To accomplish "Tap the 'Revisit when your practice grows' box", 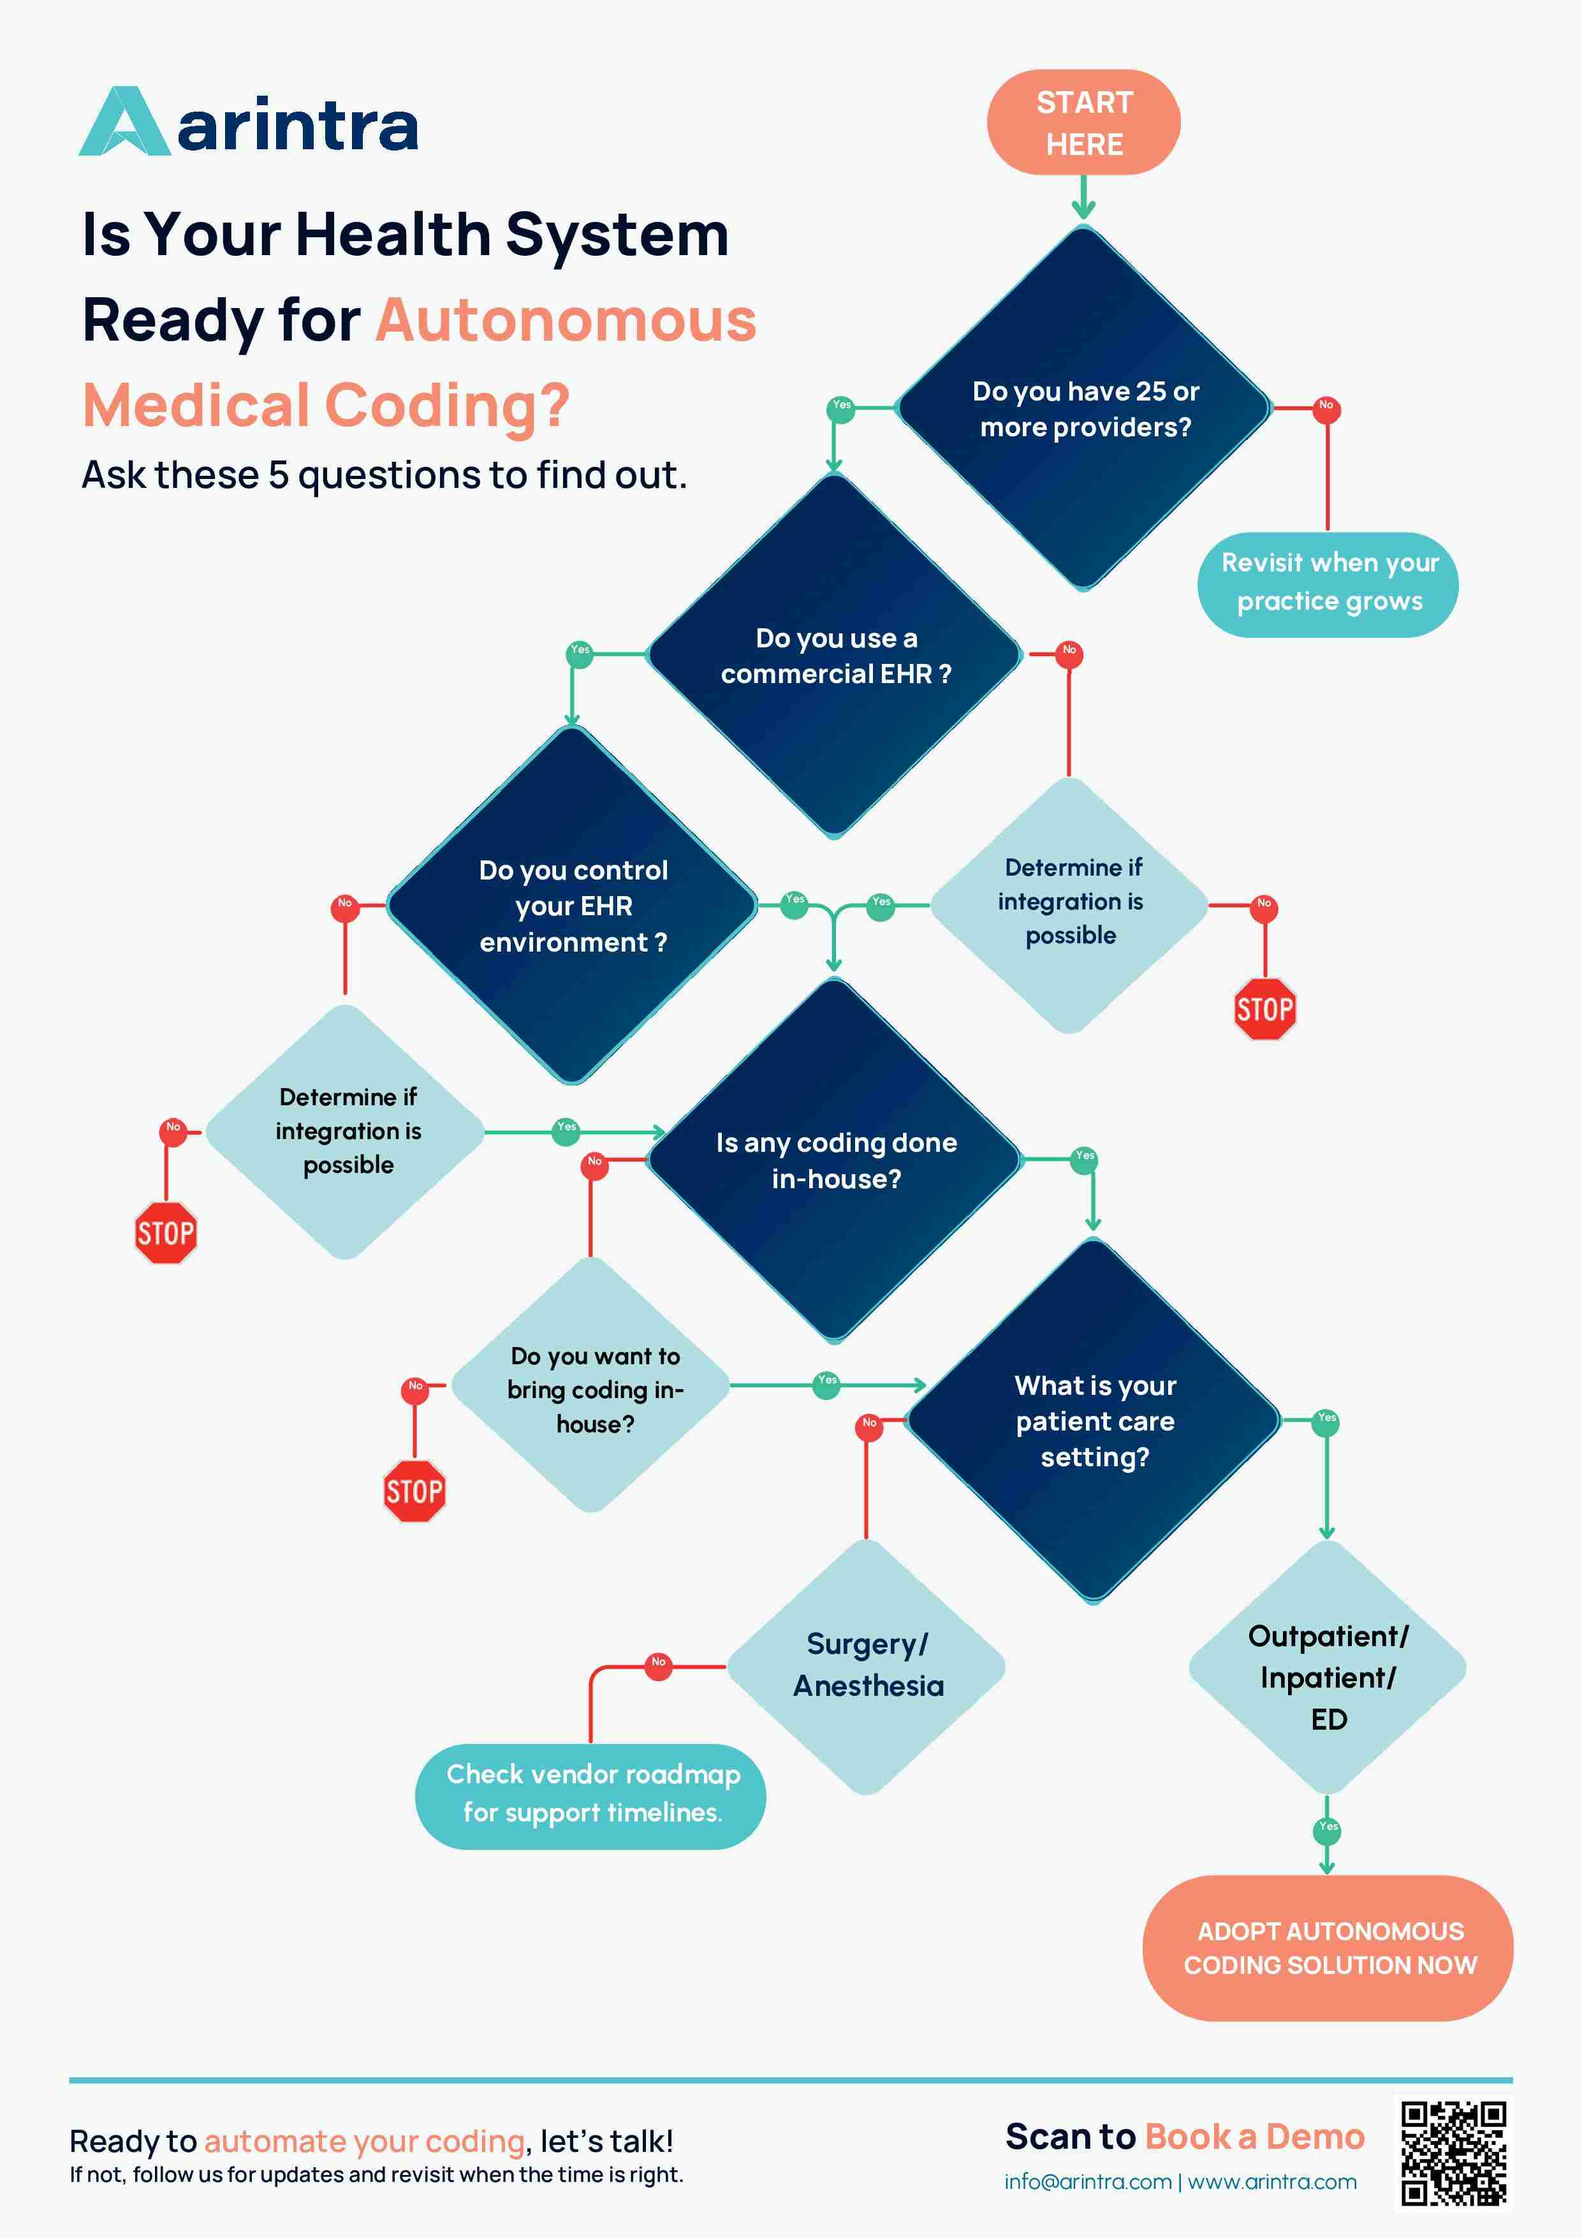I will [x=1328, y=583].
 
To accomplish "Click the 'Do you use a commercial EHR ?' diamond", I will [x=835, y=655].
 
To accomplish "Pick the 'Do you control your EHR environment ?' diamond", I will [x=573, y=906].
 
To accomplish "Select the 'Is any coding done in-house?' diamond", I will [x=835, y=1160].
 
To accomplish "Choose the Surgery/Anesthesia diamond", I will [x=867, y=1665].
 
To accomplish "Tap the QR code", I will [x=1453, y=2154].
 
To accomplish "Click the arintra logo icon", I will [x=125, y=123].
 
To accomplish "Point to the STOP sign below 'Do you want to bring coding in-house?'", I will [x=414, y=1491].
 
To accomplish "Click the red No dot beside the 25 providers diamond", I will [x=1326, y=408].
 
